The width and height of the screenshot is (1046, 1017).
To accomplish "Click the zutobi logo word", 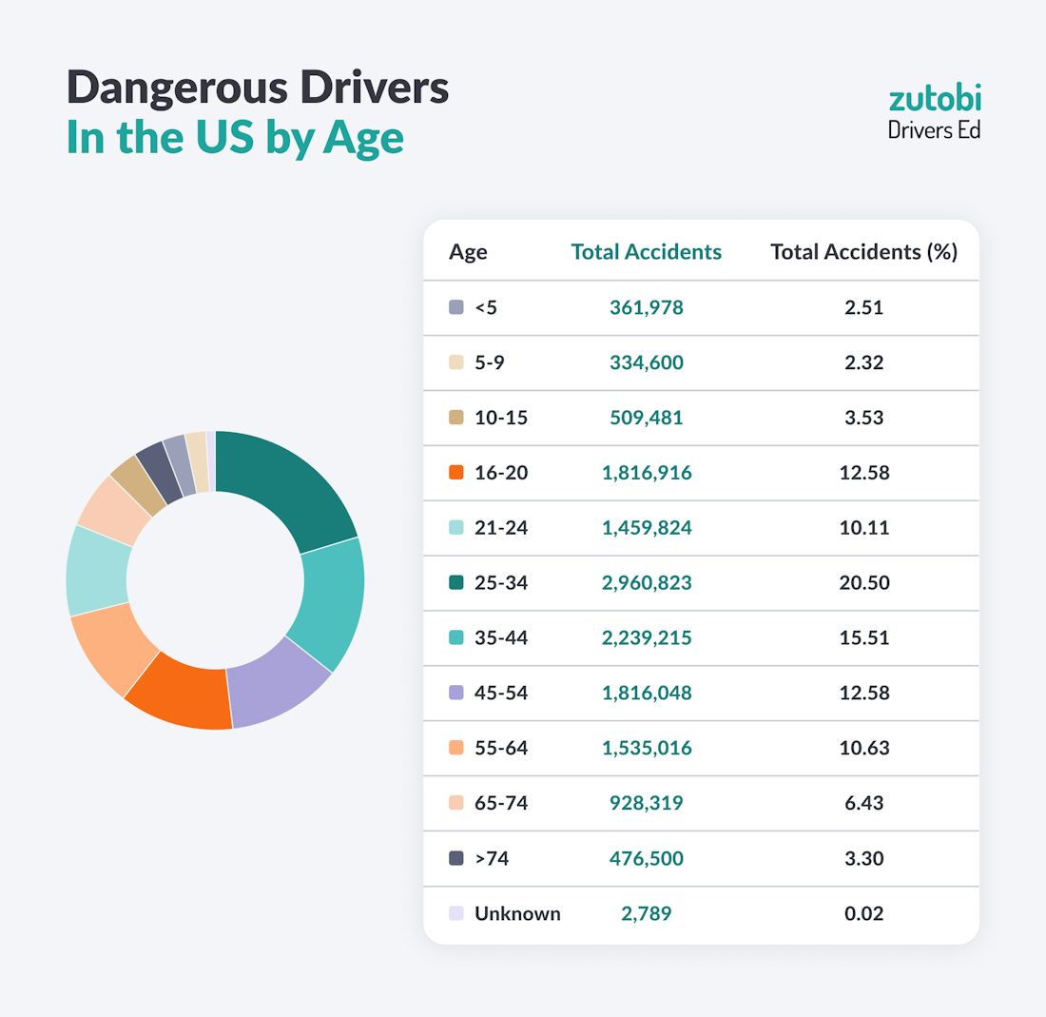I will [934, 98].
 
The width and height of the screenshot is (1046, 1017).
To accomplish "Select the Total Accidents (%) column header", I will [863, 252].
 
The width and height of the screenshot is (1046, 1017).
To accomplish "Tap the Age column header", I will [468, 252].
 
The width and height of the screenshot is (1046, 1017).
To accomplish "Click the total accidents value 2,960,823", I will [647, 582].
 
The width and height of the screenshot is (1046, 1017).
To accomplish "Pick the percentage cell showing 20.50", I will [863, 582].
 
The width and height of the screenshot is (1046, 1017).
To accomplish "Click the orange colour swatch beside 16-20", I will [456, 473].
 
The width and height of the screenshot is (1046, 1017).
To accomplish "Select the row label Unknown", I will [517, 913].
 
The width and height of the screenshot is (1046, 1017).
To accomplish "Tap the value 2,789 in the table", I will [647, 913].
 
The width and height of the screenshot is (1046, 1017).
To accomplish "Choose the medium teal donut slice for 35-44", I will [328, 604].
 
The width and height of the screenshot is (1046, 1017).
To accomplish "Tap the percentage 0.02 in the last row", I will [863, 913].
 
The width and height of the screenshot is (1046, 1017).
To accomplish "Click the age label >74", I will [493, 858].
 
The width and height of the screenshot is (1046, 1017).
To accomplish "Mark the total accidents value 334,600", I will [647, 362].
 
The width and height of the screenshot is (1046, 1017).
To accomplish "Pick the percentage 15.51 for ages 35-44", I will [863, 637].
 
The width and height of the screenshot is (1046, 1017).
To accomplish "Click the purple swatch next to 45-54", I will [456, 693].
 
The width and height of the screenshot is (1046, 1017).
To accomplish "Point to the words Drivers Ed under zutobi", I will [934, 129].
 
